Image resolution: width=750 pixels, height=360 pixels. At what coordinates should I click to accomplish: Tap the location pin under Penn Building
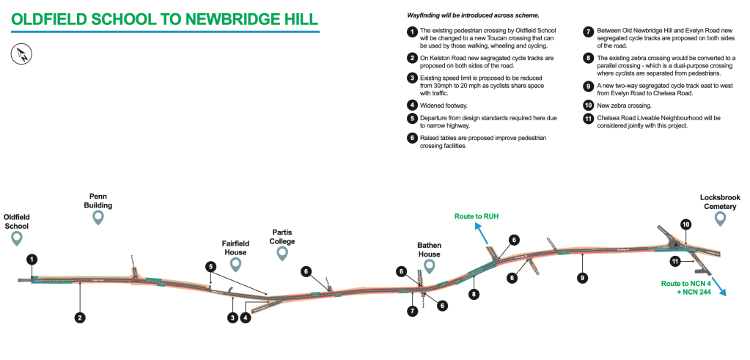(99, 218)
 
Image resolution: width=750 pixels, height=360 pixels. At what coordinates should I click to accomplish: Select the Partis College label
(282, 235)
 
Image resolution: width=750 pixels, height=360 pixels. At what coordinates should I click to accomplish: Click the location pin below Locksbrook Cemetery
(720, 217)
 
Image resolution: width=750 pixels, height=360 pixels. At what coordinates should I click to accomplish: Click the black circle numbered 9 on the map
(582, 277)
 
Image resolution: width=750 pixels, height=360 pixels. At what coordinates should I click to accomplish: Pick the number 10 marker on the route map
(685, 224)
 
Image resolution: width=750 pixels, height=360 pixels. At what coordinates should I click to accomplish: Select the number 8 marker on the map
(475, 293)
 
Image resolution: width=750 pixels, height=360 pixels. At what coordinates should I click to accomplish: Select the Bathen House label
(429, 250)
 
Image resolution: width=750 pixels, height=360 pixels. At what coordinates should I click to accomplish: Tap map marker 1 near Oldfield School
(32, 259)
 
